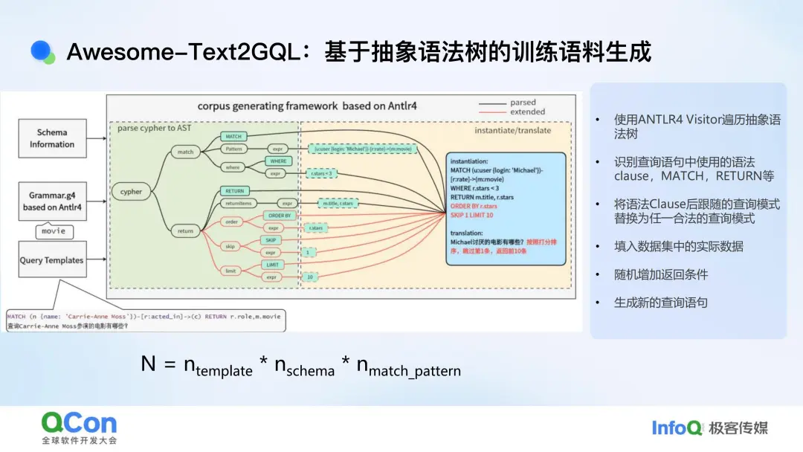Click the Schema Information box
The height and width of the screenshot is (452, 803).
(52, 138)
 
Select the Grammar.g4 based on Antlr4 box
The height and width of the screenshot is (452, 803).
(52, 201)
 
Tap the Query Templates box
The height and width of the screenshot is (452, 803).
(52, 260)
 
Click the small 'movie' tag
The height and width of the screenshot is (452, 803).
(53, 231)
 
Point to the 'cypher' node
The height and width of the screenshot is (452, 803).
(132, 191)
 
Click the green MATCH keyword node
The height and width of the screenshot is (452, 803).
(233, 137)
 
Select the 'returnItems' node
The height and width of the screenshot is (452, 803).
(242, 203)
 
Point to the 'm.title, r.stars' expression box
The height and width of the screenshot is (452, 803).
(338, 203)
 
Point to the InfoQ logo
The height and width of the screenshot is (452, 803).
(677, 427)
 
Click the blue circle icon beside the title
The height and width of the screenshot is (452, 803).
(42, 51)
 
